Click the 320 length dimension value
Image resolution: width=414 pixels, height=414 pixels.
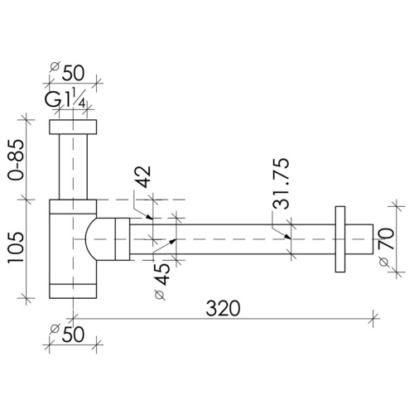223,308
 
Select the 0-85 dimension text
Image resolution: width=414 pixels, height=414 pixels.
16,160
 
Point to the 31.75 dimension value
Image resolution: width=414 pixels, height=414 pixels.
281,184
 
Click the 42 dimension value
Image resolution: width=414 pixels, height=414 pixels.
143,176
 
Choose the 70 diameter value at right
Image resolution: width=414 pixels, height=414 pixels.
386,238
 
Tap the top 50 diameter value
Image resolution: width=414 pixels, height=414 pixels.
73,73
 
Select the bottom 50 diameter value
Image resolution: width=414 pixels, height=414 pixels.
73,335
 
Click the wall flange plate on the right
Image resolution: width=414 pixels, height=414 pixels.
340,239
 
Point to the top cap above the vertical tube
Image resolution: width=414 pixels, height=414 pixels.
73,127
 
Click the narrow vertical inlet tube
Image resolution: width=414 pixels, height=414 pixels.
73,166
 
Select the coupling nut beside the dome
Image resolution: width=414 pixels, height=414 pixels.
123,239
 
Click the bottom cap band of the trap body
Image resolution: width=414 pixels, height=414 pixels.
73,291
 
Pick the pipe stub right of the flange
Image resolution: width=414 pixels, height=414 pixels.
359,239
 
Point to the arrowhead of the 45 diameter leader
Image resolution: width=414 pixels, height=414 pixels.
173,241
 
